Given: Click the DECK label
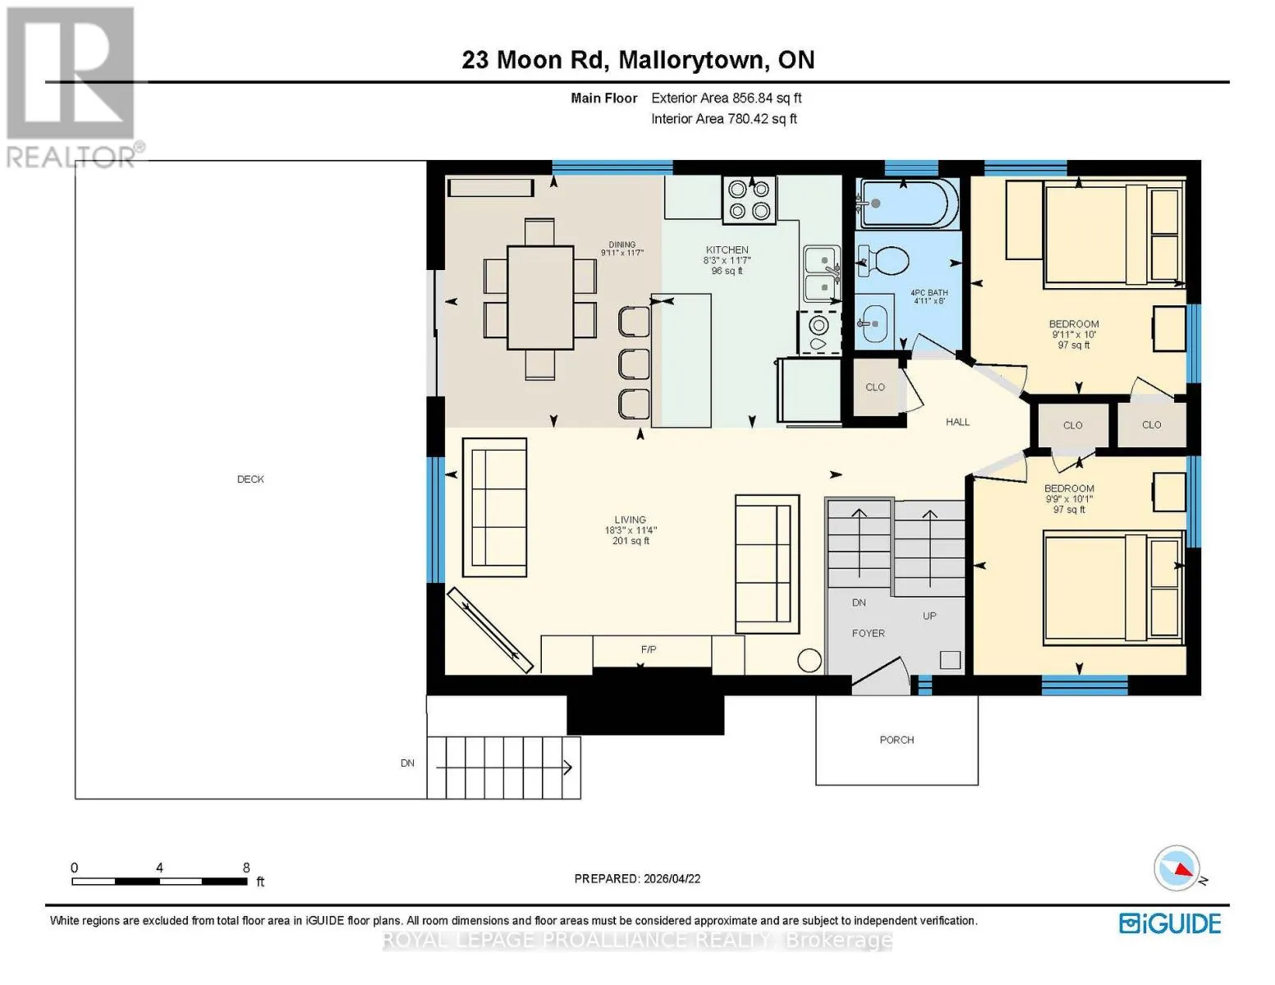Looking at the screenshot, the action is [x=250, y=479].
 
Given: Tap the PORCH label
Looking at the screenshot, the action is [x=897, y=740].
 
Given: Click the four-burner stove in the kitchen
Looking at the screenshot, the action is [x=750, y=200].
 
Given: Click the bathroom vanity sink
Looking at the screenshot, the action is [x=874, y=323].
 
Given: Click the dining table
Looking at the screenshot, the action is [x=540, y=297].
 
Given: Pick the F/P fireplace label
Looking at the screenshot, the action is [x=649, y=649].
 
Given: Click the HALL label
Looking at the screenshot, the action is [x=957, y=422].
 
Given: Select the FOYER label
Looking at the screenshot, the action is [x=869, y=633].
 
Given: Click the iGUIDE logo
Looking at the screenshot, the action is [x=1170, y=924].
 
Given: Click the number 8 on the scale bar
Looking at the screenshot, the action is [x=245, y=867].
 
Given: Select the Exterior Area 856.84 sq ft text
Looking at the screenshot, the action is [x=726, y=98].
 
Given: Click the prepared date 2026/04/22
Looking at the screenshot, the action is [x=672, y=879].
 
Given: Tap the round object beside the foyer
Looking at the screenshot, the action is [x=809, y=660].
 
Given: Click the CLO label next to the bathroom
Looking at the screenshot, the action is [x=875, y=387].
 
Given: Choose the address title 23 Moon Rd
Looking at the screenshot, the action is [x=534, y=60].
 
